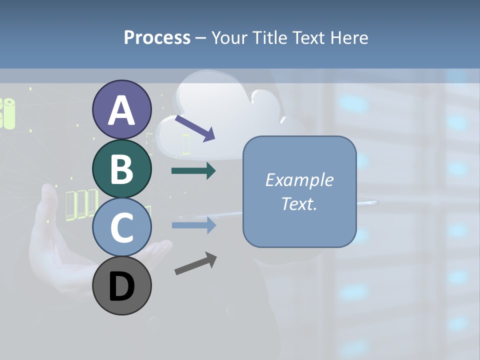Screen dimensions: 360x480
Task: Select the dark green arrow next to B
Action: click(x=193, y=171)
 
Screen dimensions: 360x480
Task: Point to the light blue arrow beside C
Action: click(x=193, y=225)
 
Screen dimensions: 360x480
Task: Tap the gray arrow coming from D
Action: click(x=195, y=263)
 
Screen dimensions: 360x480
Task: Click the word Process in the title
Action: click(x=157, y=37)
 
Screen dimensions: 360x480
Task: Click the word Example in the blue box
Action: click(x=299, y=180)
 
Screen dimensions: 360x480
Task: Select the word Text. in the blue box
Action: click(x=299, y=203)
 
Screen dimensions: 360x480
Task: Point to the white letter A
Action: click(x=121, y=110)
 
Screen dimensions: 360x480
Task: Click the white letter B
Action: click(x=121, y=169)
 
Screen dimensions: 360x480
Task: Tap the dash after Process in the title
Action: click(x=200, y=38)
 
